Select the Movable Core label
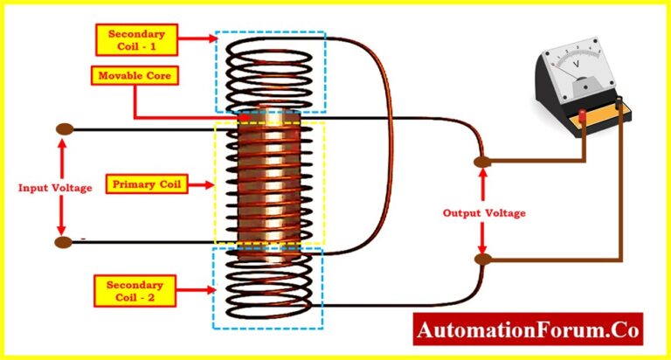[x=135, y=76]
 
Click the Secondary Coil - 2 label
[x=135, y=290]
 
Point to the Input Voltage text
[x=55, y=187]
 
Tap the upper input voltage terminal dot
[x=64, y=129]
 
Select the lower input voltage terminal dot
[x=64, y=242]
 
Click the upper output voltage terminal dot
[x=481, y=162]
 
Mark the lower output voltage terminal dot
[x=481, y=260]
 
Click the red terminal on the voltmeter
[x=583, y=116]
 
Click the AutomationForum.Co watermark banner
[x=528, y=330]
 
